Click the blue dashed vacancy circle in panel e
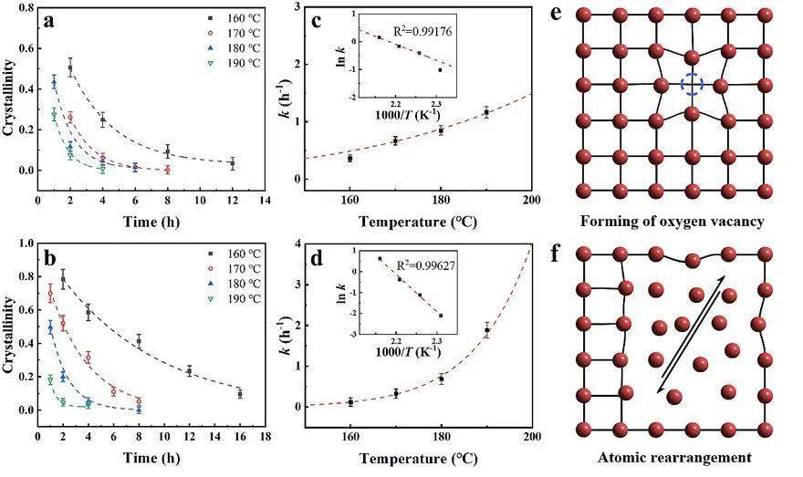(692, 85)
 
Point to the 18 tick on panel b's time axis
(265, 436)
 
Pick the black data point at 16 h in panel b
(240, 394)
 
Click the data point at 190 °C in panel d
(486, 331)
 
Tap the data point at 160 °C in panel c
(350, 159)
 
